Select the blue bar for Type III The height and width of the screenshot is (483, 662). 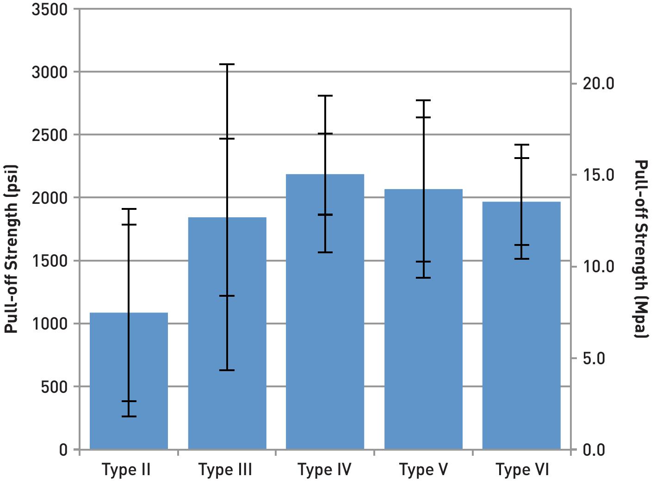pyautogui.click(x=227, y=333)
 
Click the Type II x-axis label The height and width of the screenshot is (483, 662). pyautogui.click(x=126, y=470)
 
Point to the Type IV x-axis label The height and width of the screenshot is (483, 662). pyautogui.click(x=325, y=470)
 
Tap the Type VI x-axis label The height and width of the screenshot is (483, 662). pyautogui.click(x=522, y=470)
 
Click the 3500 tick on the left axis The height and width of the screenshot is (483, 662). pyautogui.click(x=49, y=9)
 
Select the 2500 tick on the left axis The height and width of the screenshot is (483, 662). pyautogui.click(x=49, y=135)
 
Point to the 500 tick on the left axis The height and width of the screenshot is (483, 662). pyautogui.click(x=54, y=387)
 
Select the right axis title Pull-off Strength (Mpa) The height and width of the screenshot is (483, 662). pyautogui.click(x=641, y=249)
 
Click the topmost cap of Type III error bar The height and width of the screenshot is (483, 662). pyautogui.click(x=227, y=64)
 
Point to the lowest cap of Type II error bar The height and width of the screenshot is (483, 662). pyautogui.click(x=129, y=416)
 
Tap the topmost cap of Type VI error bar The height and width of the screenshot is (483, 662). pyautogui.click(x=521, y=145)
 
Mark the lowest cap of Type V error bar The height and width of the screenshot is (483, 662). pyautogui.click(x=423, y=278)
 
